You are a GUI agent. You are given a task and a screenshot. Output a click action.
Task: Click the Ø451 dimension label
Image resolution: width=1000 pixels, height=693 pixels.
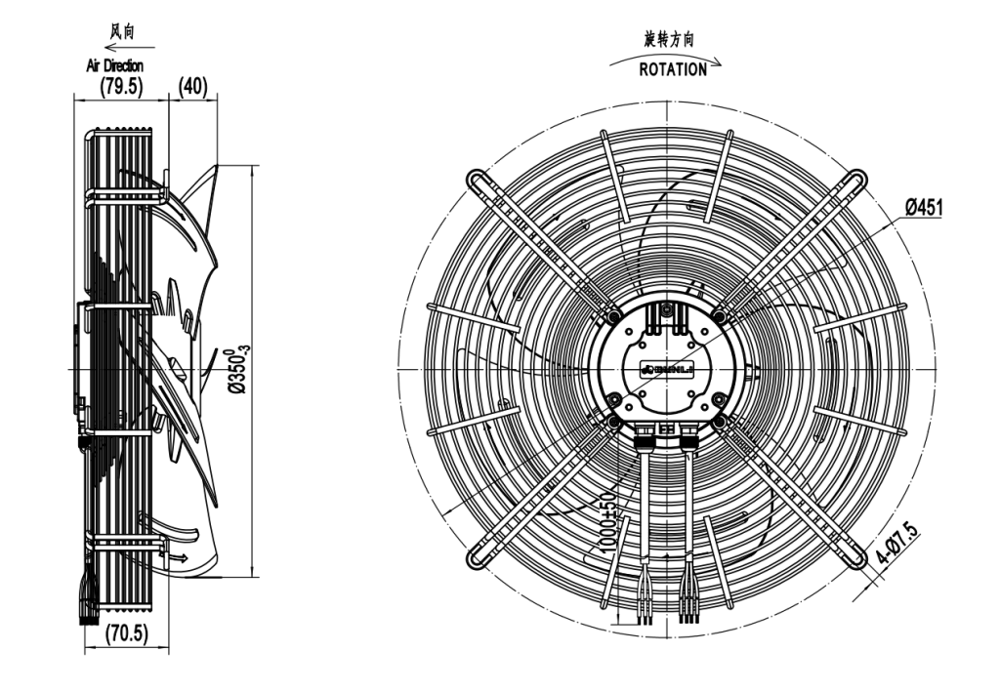pos(923,207)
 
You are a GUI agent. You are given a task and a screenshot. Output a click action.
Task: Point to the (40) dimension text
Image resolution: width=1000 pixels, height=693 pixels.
pos(190,87)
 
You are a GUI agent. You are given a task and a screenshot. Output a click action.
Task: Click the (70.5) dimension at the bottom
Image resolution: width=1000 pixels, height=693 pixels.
pos(126,632)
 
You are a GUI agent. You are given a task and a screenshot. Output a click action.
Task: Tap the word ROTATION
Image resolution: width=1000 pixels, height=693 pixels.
pos(673,70)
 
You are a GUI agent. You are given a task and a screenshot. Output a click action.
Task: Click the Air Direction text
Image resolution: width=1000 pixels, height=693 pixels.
pos(114,64)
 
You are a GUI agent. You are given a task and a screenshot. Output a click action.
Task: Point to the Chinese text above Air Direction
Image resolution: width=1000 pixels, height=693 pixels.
pos(120,32)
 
